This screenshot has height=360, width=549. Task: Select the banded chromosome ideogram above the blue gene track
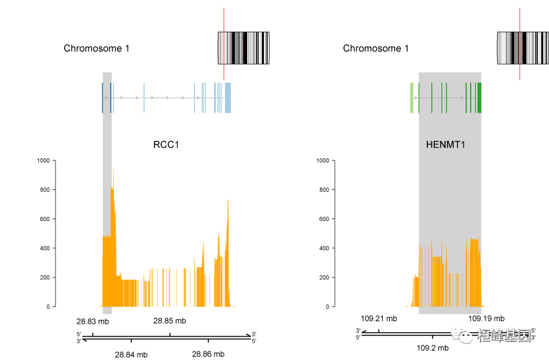pos(244,48)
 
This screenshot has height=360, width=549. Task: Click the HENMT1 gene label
pos(446,145)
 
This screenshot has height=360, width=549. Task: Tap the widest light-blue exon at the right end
pos(228,98)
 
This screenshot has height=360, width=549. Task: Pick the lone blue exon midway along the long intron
pos(144,98)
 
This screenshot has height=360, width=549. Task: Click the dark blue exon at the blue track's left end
pos(102,98)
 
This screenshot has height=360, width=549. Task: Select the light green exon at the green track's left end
pos(412,98)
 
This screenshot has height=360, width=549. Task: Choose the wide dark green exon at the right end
pos(480,98)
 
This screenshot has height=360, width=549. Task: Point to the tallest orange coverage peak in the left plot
pos(113,194)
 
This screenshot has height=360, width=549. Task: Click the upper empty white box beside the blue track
pos(31,112)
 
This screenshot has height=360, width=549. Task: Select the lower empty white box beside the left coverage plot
pos(31,233)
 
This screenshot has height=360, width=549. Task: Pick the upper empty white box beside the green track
pos(310,112)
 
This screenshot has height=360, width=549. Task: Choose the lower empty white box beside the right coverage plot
pos(310,233)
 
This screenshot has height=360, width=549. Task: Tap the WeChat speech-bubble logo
pos(462,334)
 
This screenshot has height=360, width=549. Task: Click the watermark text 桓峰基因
pos(504,335)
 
